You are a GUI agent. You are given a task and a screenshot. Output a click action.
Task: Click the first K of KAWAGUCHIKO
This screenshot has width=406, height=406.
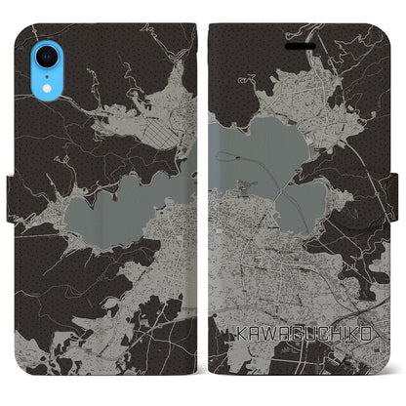tap(242, 333)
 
